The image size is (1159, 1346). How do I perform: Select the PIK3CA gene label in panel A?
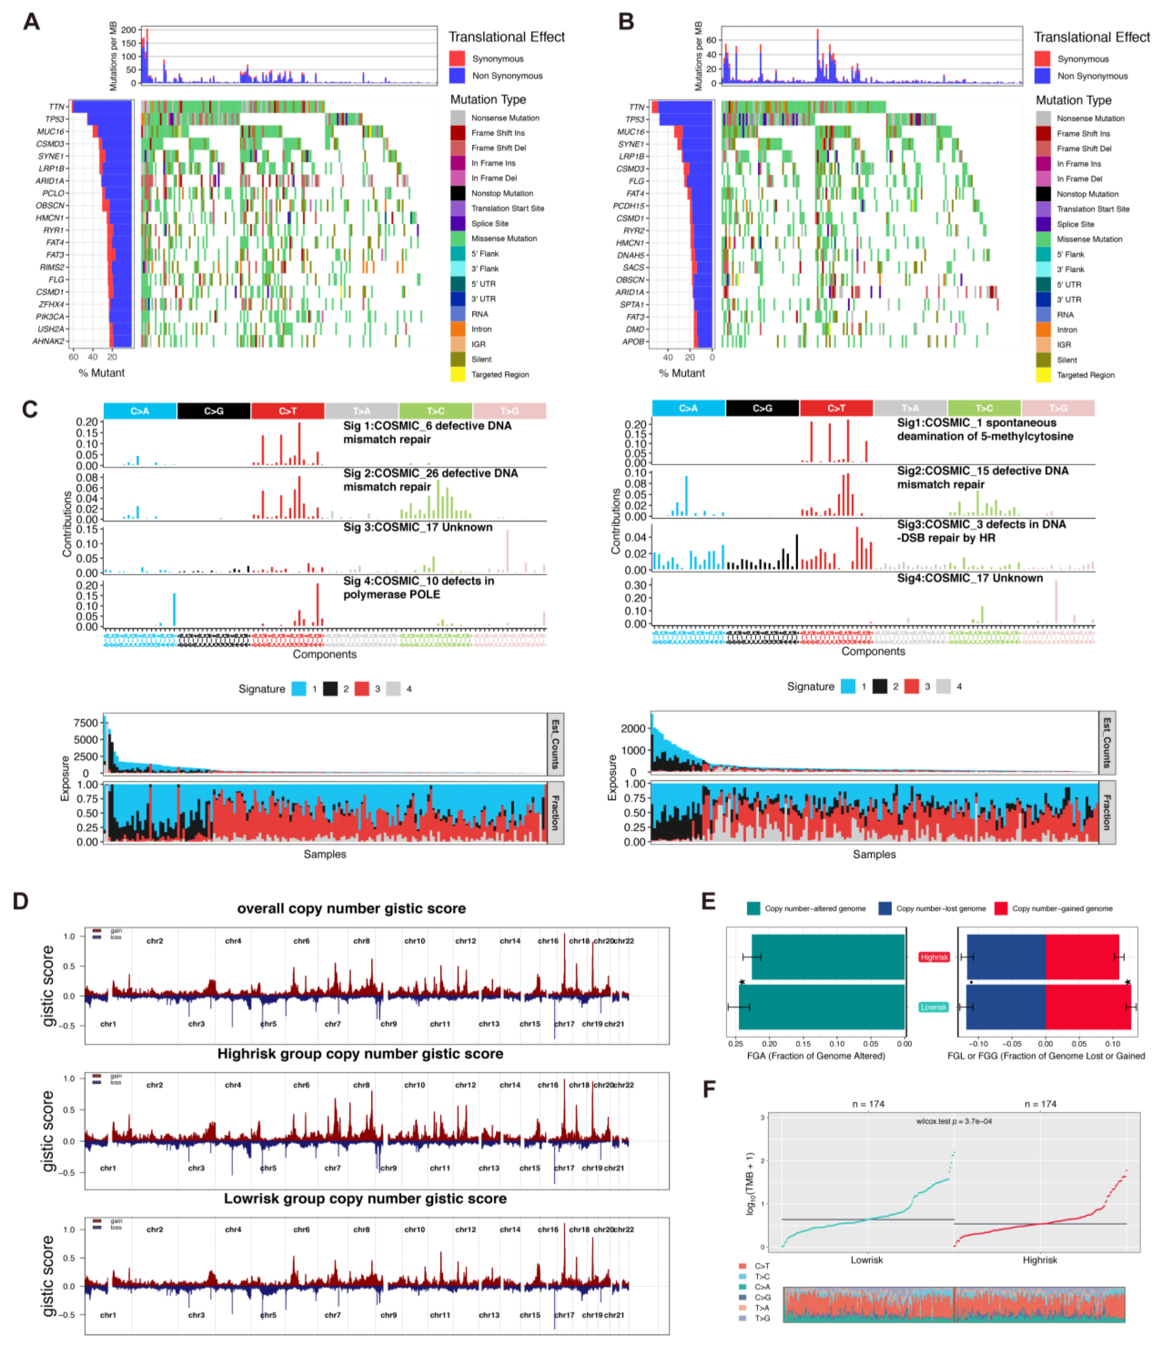click(x=51, y=316)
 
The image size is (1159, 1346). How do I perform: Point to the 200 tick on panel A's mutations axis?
click(x=129, y=30)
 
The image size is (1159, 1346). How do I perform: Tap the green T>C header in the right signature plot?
click(x=984, y=408)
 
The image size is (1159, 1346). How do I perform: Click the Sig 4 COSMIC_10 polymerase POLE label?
click(x=418, y=587)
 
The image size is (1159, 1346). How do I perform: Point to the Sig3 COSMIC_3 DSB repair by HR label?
click(x=981, y=531)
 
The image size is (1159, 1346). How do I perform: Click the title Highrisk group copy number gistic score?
click(x=360, y=1054)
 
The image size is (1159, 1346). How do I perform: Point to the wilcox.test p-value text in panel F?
click(x=954, y=1121)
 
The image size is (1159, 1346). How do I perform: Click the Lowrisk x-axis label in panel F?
click(x=867, y=1260)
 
